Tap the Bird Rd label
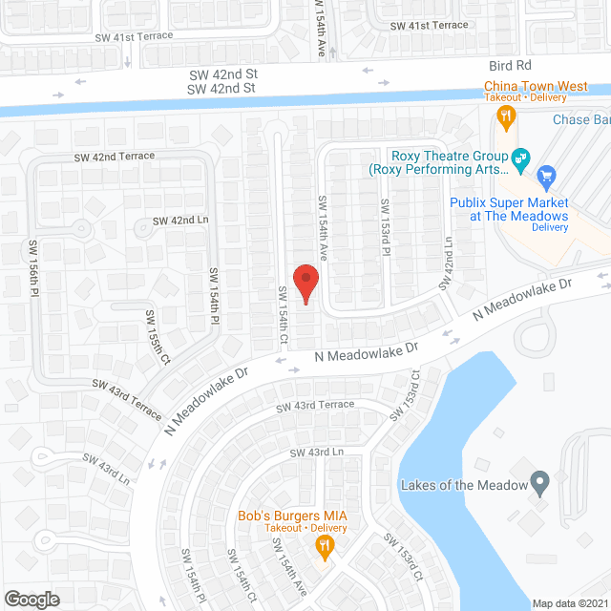click(509, 66)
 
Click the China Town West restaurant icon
click(507, 116)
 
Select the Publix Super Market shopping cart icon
click(546, 176)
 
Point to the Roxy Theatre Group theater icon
click(520, 158)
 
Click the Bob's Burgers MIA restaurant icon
click(326, 546)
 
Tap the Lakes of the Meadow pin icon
click(540, 484)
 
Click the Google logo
click(32, 599)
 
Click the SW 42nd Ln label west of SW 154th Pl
click(180, 221)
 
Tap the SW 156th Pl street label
click(34, 270)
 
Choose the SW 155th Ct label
click(158, 337)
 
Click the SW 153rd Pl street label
click(386, 225)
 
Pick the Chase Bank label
click(580, 120)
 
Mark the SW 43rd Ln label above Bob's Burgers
click(316, 452)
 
